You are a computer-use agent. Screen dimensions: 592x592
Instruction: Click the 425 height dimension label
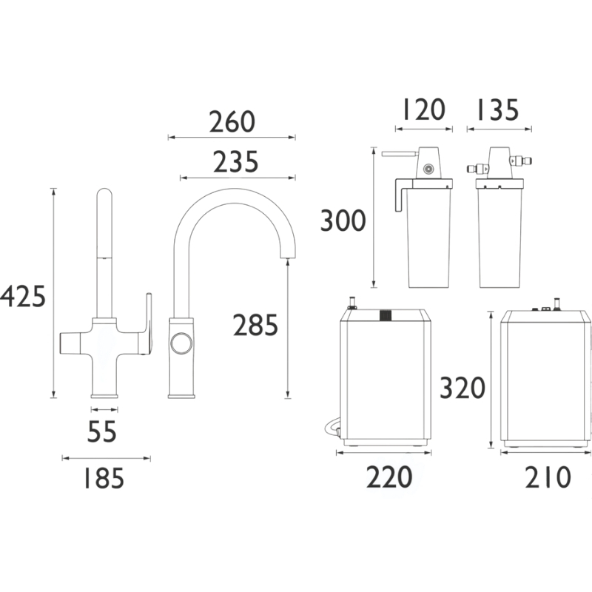(x=23, y=297)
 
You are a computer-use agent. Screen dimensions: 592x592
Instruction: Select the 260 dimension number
(x=232, y=121)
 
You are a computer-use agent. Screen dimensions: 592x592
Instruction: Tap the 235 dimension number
(x=235, y=162)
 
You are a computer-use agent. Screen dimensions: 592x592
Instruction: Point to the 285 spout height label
(x=255, y=325)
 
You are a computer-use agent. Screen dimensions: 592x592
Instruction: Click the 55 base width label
(x=102, y=431)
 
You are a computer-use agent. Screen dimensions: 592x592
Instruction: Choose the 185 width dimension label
(x=104, y=478)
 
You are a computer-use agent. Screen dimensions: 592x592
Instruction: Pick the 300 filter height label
(x=343, y=221)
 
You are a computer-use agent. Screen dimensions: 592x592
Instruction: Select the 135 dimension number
(x=498, y=110)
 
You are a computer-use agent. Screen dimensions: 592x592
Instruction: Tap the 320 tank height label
(x=462, y=388)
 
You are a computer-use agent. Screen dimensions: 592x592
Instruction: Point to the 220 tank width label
(x=389, y=477)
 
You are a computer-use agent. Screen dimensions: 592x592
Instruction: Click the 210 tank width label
(x=548, y=477)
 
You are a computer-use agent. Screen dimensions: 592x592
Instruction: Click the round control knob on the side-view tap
(x=181, y=343)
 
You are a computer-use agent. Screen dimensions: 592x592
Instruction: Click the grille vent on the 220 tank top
(x=385, y=316)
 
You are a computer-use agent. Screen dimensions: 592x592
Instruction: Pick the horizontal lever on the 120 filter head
(x=400, y=154)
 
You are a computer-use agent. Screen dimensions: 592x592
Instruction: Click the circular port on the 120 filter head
(x=428, y=169)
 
